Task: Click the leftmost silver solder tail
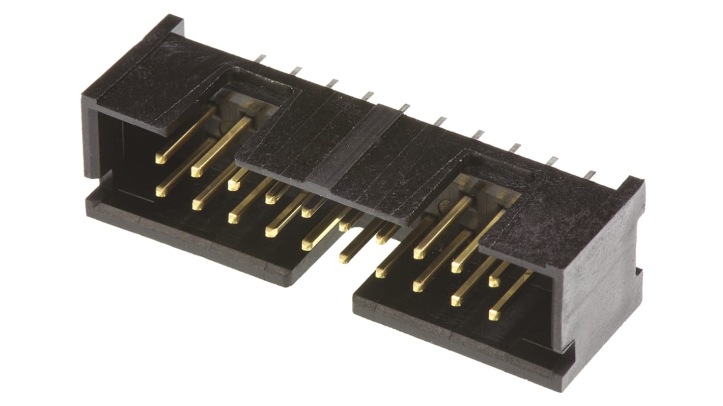click(x=260, y=59)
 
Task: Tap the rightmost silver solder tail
click(x=589, y=175)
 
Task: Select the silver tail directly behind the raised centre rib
click(x=405, y=107)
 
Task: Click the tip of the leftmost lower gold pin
click(x=161, y=191)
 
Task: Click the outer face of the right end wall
click(x=601, y=305)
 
